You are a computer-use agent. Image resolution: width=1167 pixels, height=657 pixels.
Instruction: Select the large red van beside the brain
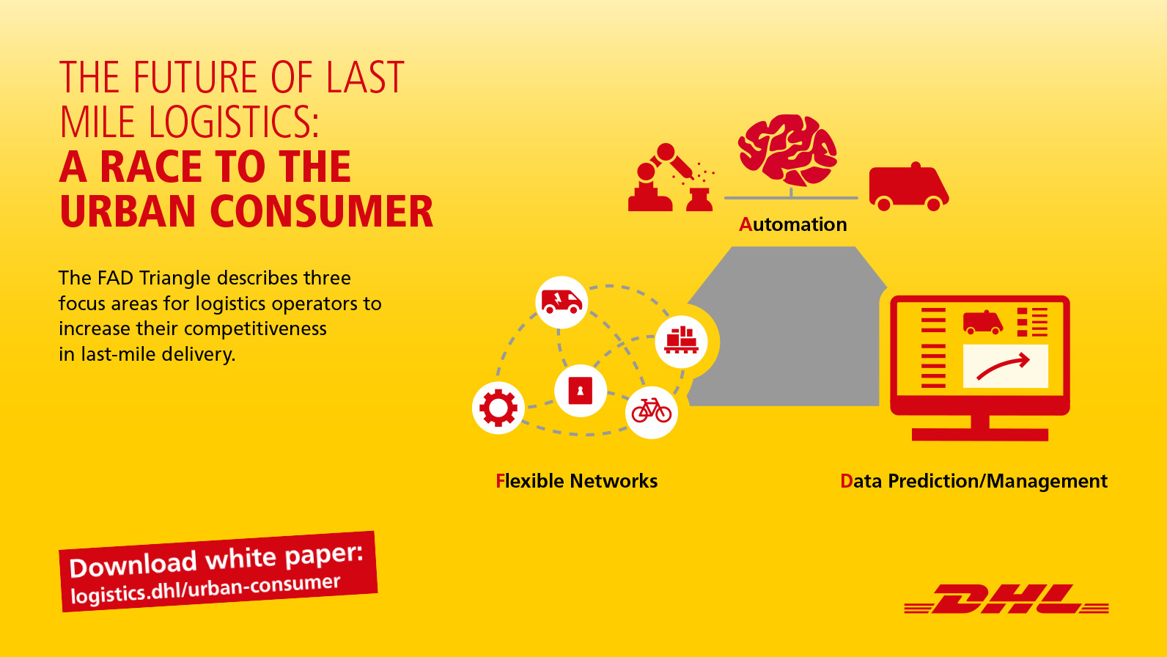[908, 187]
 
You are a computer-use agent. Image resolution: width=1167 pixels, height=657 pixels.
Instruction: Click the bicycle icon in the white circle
[651, 411]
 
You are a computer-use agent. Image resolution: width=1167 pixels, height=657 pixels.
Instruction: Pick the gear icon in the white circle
[498, 408]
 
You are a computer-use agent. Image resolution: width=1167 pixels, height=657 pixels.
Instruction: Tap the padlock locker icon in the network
[581, 390]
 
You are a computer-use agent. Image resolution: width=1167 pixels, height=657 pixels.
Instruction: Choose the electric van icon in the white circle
[561, 302]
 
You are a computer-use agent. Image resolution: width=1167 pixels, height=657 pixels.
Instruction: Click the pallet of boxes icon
[681, 340]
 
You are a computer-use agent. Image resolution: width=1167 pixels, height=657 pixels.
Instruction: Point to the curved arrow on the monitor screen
[1003, 367]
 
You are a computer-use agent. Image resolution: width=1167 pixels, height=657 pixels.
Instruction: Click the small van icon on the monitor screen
[982, 323]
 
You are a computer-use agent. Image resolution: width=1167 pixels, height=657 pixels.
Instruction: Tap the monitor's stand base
[979, 434]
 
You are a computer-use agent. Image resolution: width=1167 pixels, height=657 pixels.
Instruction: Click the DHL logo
[1006, 599]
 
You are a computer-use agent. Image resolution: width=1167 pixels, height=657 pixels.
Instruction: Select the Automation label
[792, 224]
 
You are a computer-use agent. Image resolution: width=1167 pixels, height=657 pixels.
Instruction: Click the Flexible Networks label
[576, 481]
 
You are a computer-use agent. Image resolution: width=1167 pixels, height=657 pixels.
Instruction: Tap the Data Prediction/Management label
[973, 481]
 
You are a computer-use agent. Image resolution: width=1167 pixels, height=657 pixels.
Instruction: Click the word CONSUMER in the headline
[322, 211]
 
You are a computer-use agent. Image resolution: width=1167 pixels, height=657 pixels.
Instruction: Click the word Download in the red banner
[133, 565]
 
